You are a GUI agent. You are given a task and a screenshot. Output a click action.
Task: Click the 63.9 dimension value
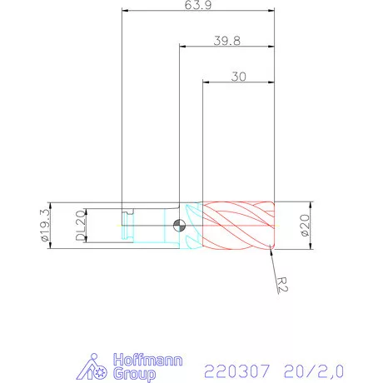coord(197,5)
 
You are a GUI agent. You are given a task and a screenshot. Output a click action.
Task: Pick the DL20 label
coord(79,226)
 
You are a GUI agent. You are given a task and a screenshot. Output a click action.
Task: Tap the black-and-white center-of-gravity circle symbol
coord(180,226)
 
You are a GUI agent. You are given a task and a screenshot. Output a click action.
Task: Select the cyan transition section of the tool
coord(192,226)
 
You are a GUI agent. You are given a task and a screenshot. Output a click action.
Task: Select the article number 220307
coord(232,369)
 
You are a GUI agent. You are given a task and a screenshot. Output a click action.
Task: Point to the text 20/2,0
coord(313,369)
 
